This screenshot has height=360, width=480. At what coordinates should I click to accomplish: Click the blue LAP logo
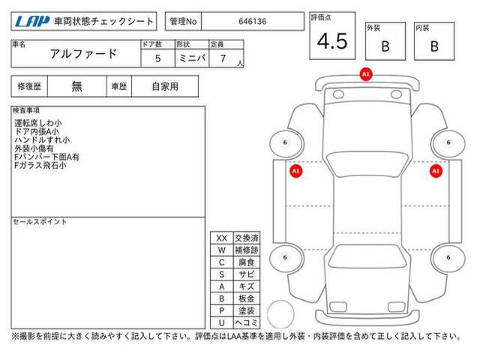32,22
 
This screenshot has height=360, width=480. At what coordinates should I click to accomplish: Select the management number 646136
253,22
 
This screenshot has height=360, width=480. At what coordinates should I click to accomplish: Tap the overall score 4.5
332,41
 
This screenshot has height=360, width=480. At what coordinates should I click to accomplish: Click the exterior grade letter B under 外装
385,46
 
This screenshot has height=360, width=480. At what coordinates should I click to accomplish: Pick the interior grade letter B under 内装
434,46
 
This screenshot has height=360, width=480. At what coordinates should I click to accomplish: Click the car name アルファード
83,54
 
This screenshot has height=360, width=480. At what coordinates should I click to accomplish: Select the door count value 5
158,58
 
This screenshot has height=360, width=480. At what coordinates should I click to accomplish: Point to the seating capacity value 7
223,58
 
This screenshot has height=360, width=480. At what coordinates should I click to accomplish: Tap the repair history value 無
76,86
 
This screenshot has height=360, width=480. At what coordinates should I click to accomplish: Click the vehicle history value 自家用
165,87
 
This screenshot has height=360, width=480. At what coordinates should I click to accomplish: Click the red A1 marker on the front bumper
366,74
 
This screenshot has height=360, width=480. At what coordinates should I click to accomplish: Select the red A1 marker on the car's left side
295,171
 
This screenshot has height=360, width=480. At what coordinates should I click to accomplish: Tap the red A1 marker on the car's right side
436,171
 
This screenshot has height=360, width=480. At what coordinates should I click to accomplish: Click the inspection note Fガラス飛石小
40,166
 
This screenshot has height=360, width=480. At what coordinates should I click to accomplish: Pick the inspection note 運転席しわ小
38,123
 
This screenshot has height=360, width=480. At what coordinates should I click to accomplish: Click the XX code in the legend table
222,238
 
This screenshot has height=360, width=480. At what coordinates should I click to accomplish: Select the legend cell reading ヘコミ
247,322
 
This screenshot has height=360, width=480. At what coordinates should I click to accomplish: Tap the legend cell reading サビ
247,274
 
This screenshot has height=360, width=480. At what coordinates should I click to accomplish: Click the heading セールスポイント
40,222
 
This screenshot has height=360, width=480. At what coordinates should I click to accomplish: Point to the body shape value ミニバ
192,58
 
